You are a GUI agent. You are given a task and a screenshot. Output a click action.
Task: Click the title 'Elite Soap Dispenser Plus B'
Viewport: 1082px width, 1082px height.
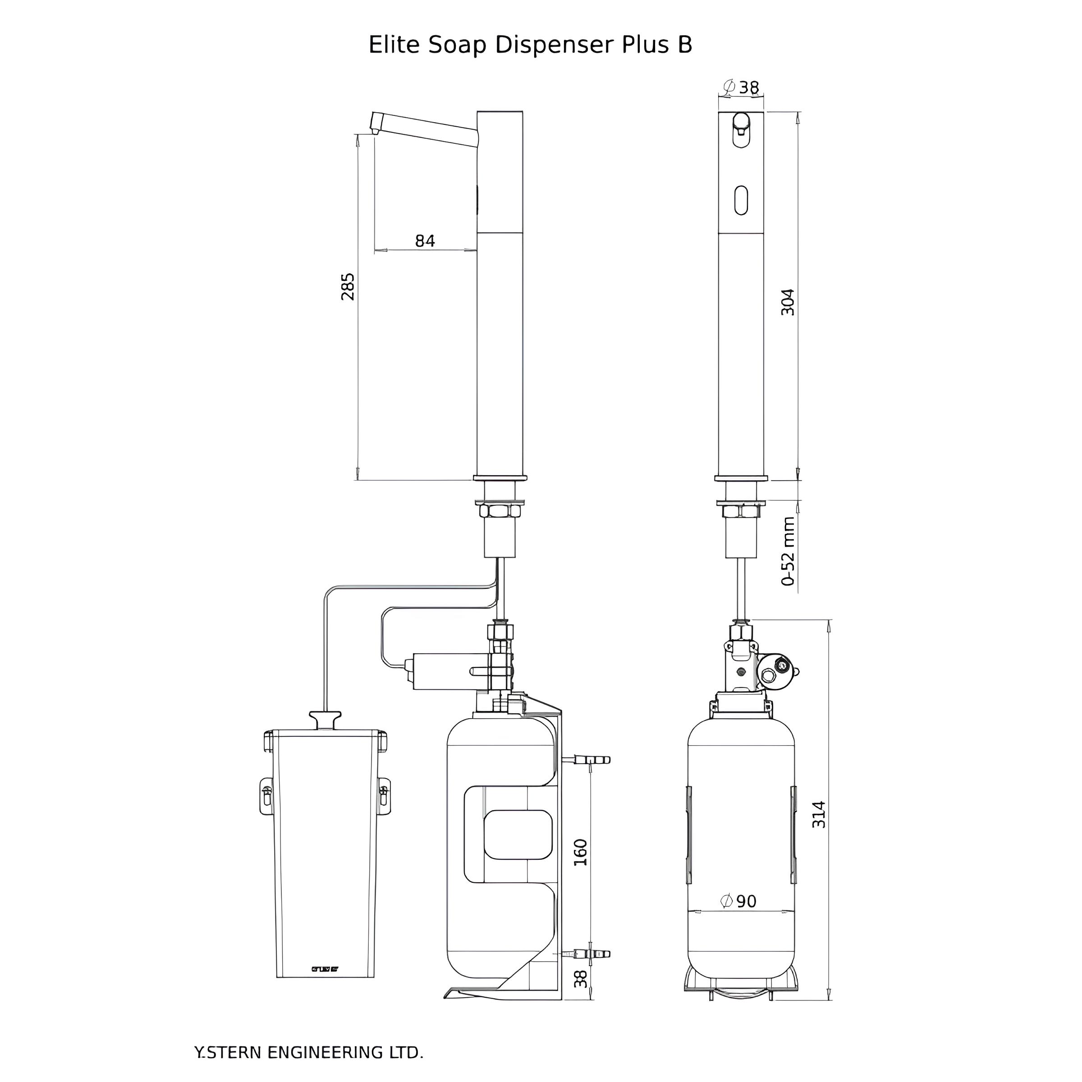[x=530, y=45]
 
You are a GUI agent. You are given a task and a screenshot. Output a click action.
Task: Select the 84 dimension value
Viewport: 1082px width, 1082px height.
[x=425, y=241]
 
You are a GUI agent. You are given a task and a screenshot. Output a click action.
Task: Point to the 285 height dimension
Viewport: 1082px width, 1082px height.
[x=348, y=287]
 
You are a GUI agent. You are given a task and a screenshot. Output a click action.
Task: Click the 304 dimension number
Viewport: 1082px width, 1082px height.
[x=788, y=302]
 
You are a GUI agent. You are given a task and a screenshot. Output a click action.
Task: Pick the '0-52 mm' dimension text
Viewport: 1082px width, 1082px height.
[x=788, y=552]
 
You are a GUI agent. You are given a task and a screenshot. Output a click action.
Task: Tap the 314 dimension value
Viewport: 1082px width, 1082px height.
[x=818, y=815]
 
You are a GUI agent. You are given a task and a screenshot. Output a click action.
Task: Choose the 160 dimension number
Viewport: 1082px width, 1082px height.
[x=581, y=853]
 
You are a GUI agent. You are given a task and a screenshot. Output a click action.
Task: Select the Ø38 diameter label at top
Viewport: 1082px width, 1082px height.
[x=740, y=87]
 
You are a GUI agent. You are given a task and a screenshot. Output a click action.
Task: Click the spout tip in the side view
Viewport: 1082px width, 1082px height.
[x=374, y=129]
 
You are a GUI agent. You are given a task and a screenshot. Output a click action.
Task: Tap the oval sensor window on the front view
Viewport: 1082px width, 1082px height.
[x=740, y=200]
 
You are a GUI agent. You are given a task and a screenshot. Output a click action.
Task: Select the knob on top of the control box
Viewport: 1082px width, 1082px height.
[x=325, y=719]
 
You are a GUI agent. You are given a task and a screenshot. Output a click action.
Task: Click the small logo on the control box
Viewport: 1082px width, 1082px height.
[x=325, y=969]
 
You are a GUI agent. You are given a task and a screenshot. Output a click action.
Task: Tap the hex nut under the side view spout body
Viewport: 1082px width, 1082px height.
[x=499, y=511]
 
